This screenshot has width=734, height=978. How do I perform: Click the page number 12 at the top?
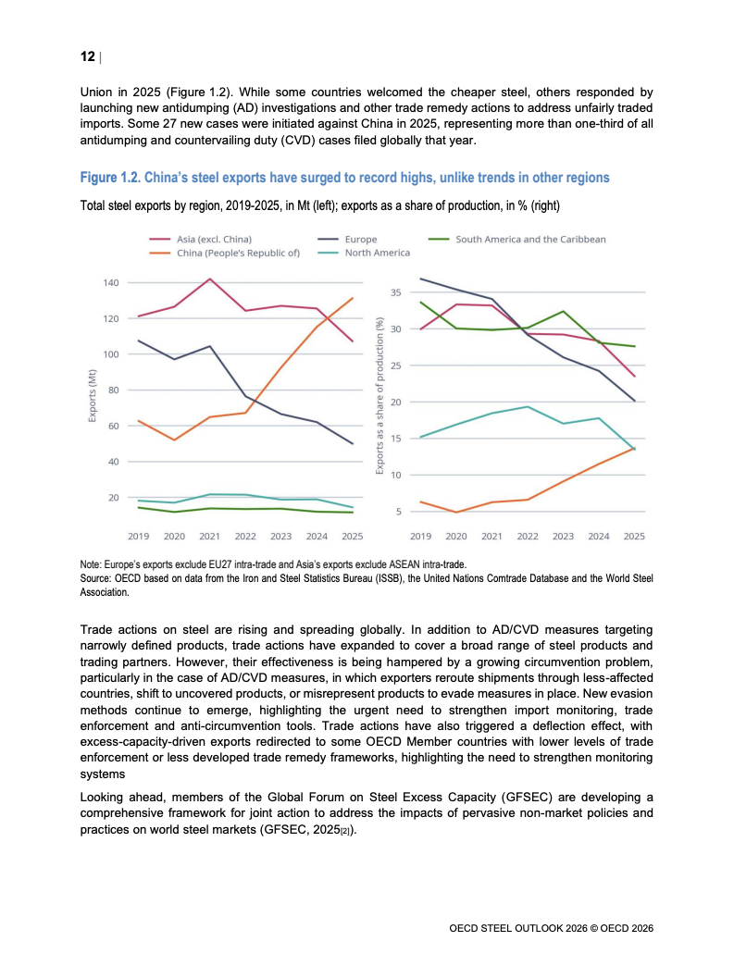tap(87, 56)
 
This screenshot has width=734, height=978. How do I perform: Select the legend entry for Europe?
tap(347, 239)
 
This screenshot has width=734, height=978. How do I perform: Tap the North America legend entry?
tap(364, 253)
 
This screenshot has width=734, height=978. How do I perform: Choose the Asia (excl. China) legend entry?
tap(200, 239)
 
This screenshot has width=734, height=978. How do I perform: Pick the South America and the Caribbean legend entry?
tap(516, 239)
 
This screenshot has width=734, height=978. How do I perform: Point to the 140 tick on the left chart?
tap(110, 282)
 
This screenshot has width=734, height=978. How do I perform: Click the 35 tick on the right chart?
tap(396, 292)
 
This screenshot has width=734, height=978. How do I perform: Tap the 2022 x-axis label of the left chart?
tap(245, 536)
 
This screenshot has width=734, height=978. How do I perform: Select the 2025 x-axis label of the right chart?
tap(634, 536)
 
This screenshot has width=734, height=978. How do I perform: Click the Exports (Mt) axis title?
tap(93, 396)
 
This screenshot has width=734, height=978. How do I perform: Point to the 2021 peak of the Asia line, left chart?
tap(210, 279)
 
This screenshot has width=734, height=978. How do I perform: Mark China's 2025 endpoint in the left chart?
tap(353, 298)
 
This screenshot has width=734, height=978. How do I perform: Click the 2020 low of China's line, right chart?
tap(456, 512)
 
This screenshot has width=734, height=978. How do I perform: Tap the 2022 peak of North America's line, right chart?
tap(528, 407)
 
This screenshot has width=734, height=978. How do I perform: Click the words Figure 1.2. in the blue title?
tap(110, 178)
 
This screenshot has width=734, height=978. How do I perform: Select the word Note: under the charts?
tap(91, 564)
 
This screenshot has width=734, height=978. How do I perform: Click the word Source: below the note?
tap(95, 578)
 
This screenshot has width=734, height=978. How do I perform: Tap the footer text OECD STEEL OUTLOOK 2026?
tap(518, 928)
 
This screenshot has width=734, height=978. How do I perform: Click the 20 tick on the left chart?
tap(113, 498)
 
